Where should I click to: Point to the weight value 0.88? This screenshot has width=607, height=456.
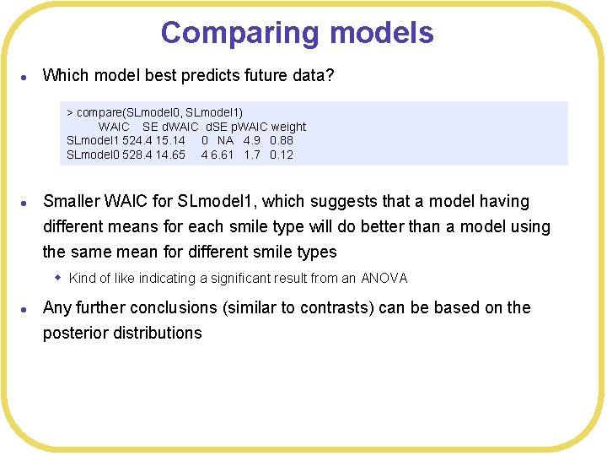pos(282,140)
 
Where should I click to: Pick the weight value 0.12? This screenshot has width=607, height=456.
pos(282,155)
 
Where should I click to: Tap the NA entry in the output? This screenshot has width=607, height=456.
pos(225,140)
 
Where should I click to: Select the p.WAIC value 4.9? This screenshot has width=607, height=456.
pos(252,140)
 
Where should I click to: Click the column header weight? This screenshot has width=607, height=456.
pos(288,127)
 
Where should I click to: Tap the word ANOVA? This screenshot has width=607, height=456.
pos(384,278)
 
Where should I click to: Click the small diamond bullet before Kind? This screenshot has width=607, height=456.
pos(58,277)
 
